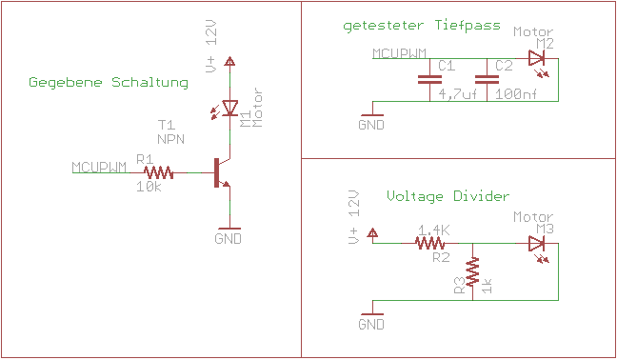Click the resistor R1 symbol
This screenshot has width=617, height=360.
[159, 172]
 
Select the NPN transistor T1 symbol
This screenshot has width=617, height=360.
[224, 172]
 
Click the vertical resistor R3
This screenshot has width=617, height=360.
[471, 272]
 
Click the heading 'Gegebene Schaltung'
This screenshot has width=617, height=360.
[108, 83]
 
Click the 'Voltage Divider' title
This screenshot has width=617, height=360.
[448, 195]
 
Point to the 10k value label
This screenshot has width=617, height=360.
[149, 187]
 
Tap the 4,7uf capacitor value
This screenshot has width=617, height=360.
[456, 94]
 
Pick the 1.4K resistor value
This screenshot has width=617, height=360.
[433, 230]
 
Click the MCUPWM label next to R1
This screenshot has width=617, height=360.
[99, 168]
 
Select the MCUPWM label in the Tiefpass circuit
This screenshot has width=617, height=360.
[399, 54]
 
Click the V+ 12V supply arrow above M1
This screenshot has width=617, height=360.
[229, 63]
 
